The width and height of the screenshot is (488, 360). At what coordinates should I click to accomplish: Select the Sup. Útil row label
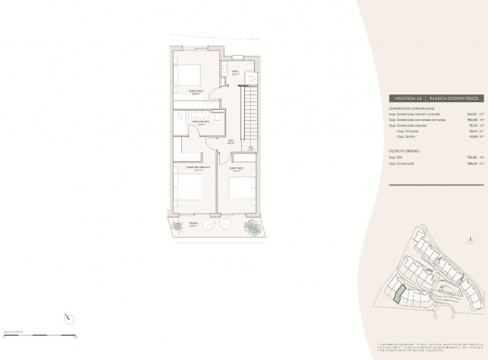pos(397,157)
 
